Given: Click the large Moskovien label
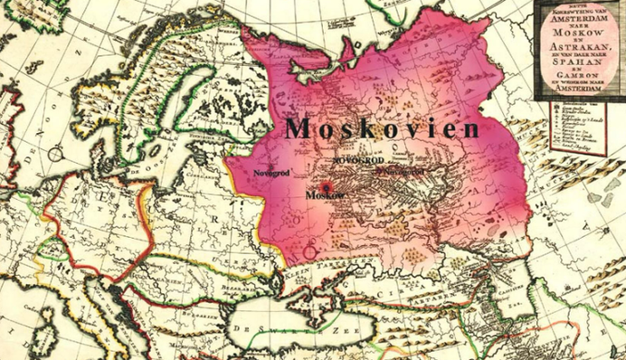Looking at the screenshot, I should click(382, 129).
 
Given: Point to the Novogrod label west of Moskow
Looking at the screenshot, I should click(272, 169).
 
